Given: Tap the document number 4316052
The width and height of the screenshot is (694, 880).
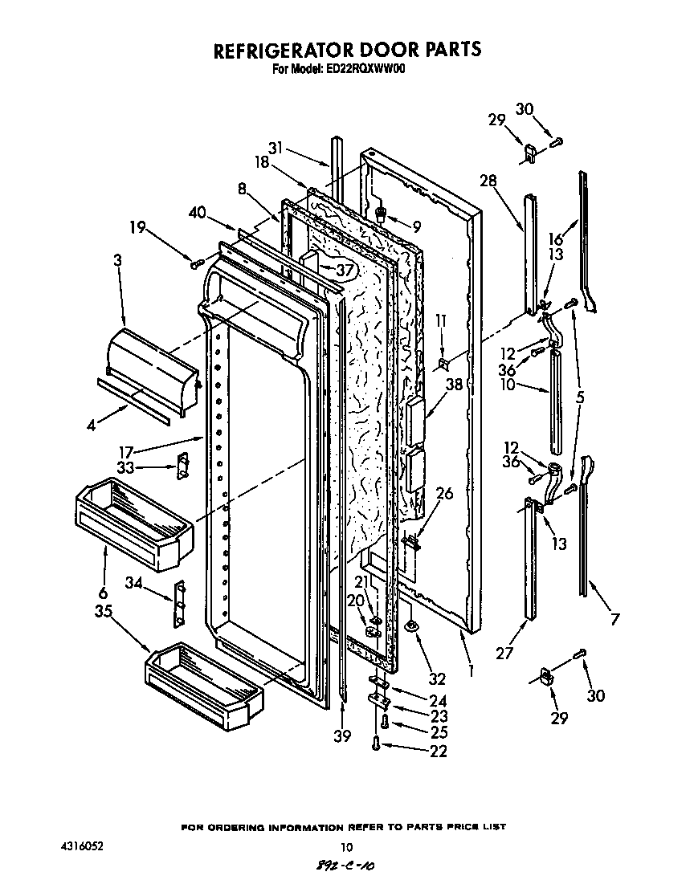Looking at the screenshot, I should tap(82, 846).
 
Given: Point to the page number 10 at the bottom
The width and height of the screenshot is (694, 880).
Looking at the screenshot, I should tap(346, 847).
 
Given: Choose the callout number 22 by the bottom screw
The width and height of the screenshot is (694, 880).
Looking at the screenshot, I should tap(438, 752).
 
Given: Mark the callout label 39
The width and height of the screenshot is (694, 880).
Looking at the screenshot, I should tap(342, 735).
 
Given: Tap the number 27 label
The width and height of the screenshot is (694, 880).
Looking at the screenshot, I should tap(504, 653).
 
